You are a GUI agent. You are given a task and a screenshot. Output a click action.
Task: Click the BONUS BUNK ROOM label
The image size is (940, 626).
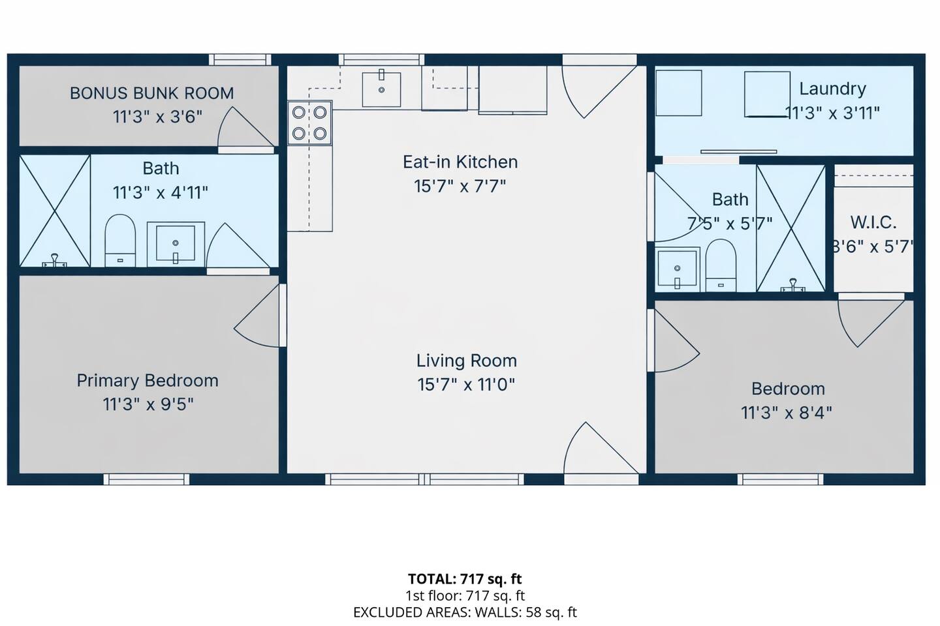pyautogui.click(x=151, y=93)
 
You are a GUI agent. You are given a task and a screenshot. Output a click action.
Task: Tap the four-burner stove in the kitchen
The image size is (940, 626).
pyautogui.click(x=309, y=123)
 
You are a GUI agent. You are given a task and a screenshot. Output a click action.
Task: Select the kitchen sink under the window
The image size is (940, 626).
pyautogui.click(x=381, y=89)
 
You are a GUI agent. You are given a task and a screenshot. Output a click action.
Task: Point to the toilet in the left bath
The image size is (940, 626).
pyautogui.click(x=120, y=240)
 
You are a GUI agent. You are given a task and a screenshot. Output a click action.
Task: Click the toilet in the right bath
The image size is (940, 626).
pyautogui.click(x=721, y=265)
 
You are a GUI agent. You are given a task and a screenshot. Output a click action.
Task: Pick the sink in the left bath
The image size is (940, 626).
pyautogui.click(x=176, y=244)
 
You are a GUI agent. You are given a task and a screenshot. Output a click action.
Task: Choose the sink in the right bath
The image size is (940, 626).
pyautogui.click(x=678, y=269)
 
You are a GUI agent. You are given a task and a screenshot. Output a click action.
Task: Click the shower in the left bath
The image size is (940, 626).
pyautogui.click(x=55, y=211)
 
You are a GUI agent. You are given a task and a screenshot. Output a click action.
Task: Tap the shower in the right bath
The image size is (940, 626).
pyautogui.click(x=791, y=228)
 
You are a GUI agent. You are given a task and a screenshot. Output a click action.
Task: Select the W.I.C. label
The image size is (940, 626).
pyautogui.click(x=873, y=222)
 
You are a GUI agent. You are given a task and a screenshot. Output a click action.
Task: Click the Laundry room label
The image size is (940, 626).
pyautogui.click(x=832, y=89)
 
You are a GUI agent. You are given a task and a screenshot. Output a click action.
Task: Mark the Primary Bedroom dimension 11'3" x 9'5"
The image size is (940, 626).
pyautogui.click(x=149, y=404)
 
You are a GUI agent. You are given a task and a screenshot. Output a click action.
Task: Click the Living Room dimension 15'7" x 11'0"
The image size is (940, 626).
pyautogui.click(x=466, y=385)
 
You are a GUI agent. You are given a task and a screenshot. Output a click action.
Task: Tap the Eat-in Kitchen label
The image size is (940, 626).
pyautogui.click(x=460, y=162)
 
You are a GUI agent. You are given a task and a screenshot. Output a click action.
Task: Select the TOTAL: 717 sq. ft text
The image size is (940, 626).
pyautogui.click(x=465, y=579)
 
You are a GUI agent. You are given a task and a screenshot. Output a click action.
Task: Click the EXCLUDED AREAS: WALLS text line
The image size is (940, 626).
pyautogui.click(x=465, y=612)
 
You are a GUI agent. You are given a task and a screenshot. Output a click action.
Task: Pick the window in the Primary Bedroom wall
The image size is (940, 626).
pyautogui.click(x=146, y=479)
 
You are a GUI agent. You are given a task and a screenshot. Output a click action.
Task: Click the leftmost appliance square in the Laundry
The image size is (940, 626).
pyautogui.click(x=679, y=93)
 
